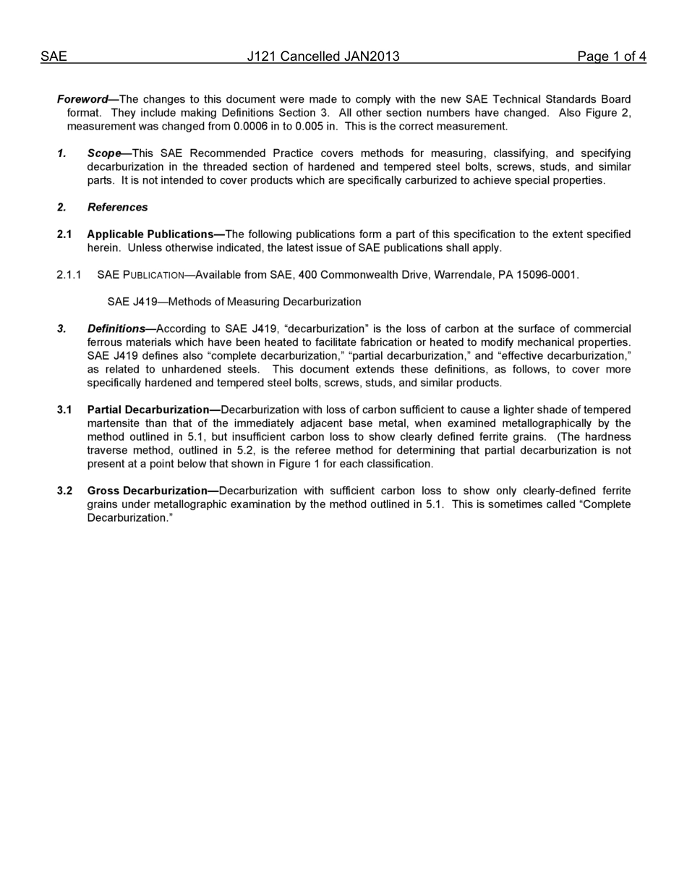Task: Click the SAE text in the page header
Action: [x=54, y=56]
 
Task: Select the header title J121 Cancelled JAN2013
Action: [x=323, y=56]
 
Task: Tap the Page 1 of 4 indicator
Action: [x=611, y=56]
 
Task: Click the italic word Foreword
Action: [x=82, y=99]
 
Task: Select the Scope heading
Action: [x=104, y=153]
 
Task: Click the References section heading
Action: [x=117, y=208]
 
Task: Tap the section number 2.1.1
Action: [x=69, y=275]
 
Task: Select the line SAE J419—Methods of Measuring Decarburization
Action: [x=234, y=302]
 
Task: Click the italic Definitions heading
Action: [x=116, y=329]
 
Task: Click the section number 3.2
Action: [x=64, y=491]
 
